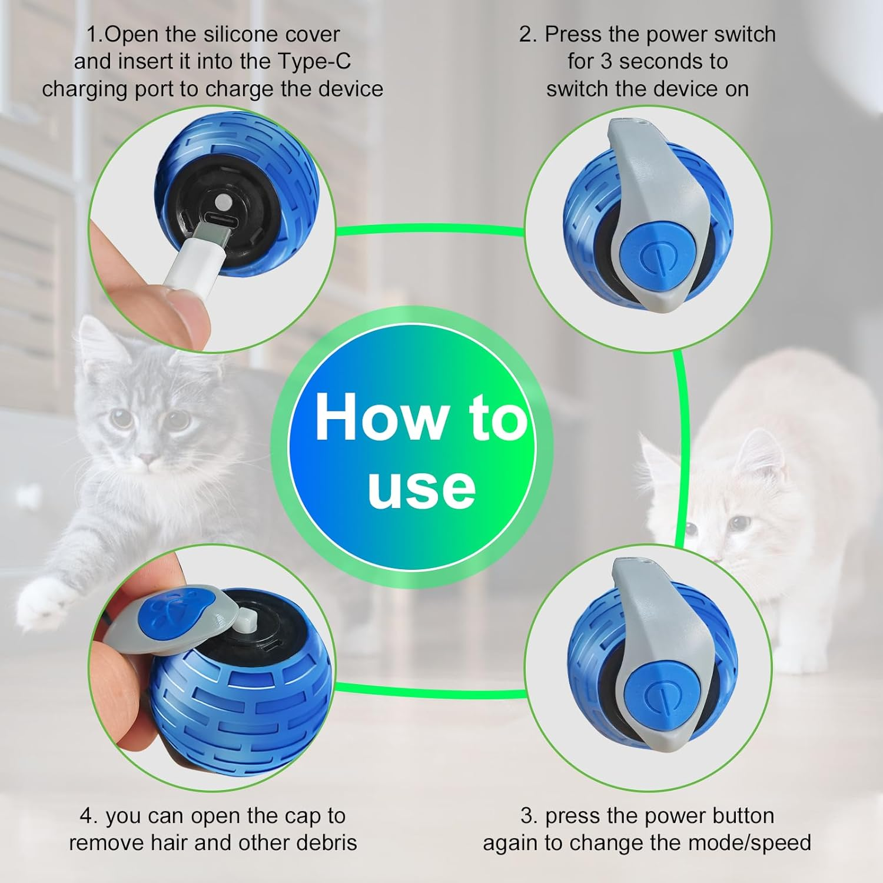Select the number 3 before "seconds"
[606, 61]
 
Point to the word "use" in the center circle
[421, 488]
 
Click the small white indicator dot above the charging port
[221, 204]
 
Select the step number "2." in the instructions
[527, 34]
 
